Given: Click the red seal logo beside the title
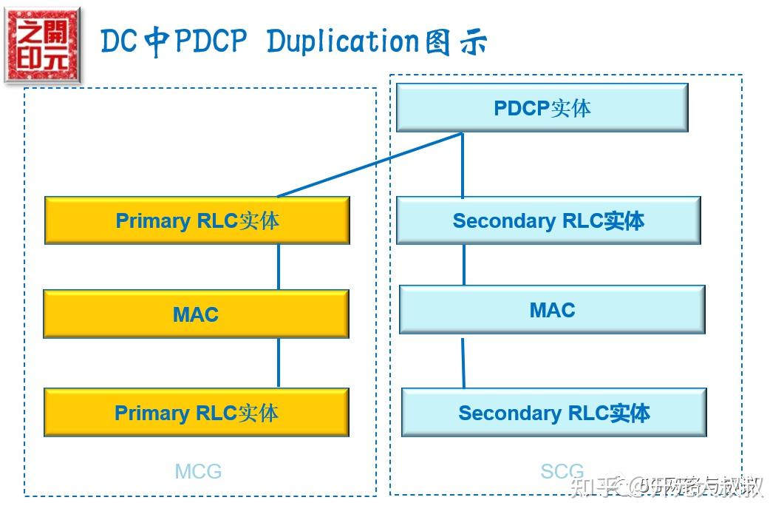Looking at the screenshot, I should pyautogui.click(x=42, y=46).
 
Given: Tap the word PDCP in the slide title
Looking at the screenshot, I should pyautogui.click(x=208, y=42).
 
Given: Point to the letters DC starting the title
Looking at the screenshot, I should pyautogui.click(x=119, y=42).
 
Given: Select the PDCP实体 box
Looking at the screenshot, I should pyautogui.click(x=542, y=108).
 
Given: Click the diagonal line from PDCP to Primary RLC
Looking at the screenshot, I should pyautogui.click(x=369, y=165).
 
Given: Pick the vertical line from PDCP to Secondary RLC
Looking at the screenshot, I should pyautogui.click(x=463, y=165).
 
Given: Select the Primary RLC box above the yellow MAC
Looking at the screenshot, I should pyautogui.click(x=197, y=220).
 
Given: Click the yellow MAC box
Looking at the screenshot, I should pyautogui.click(x=196, y=314).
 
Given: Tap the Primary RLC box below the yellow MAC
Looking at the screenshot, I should pyautogui.click(x=196, y=413).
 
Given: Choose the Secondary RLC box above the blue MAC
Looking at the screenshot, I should pyautogui.click(x=548, y=220).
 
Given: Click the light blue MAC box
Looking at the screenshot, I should pyautogui.click(x=552, y=310).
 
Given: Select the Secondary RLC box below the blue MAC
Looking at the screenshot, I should pyautogui.click(x=553, y=413).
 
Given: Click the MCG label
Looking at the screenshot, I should pyautogui.click(x=198, y=471).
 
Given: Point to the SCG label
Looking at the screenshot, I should pyautogui.click(x=562, y=471).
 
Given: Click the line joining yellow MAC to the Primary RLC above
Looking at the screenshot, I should pyautogui.click(x=279, y=266).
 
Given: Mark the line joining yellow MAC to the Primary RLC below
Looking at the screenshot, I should pyautogui.click(x=279, y=362).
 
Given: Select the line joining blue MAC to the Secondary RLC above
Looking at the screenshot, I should pyautogui.click(x=464, y=264).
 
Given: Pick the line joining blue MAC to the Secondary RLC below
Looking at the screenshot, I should pyautogui.click(x=463, y=361).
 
